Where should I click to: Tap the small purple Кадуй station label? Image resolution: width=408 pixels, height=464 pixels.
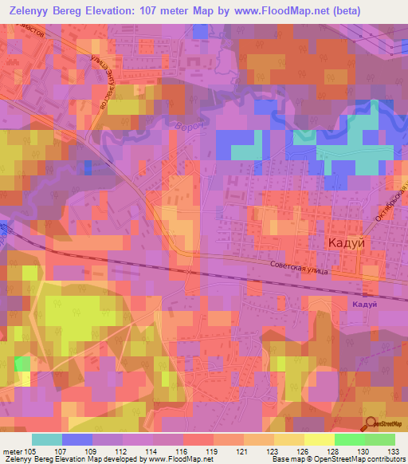click(363, 305)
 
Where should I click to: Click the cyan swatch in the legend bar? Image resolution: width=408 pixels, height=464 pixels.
click(47, 439)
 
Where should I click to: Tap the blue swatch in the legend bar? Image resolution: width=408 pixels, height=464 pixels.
click(77, 439)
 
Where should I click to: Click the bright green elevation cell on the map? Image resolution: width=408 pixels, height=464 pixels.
click(22, 364)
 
